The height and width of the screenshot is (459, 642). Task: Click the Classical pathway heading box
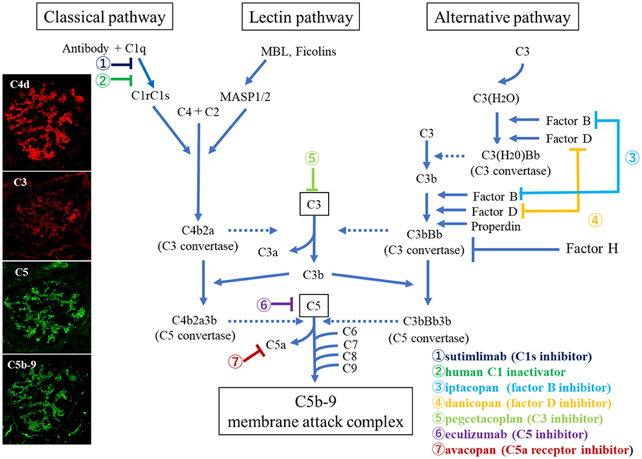[104, 18]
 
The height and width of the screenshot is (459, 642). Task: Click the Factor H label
[592, 249]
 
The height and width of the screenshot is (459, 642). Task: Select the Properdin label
[493, 225]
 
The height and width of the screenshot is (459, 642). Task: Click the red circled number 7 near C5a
[234, 361]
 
